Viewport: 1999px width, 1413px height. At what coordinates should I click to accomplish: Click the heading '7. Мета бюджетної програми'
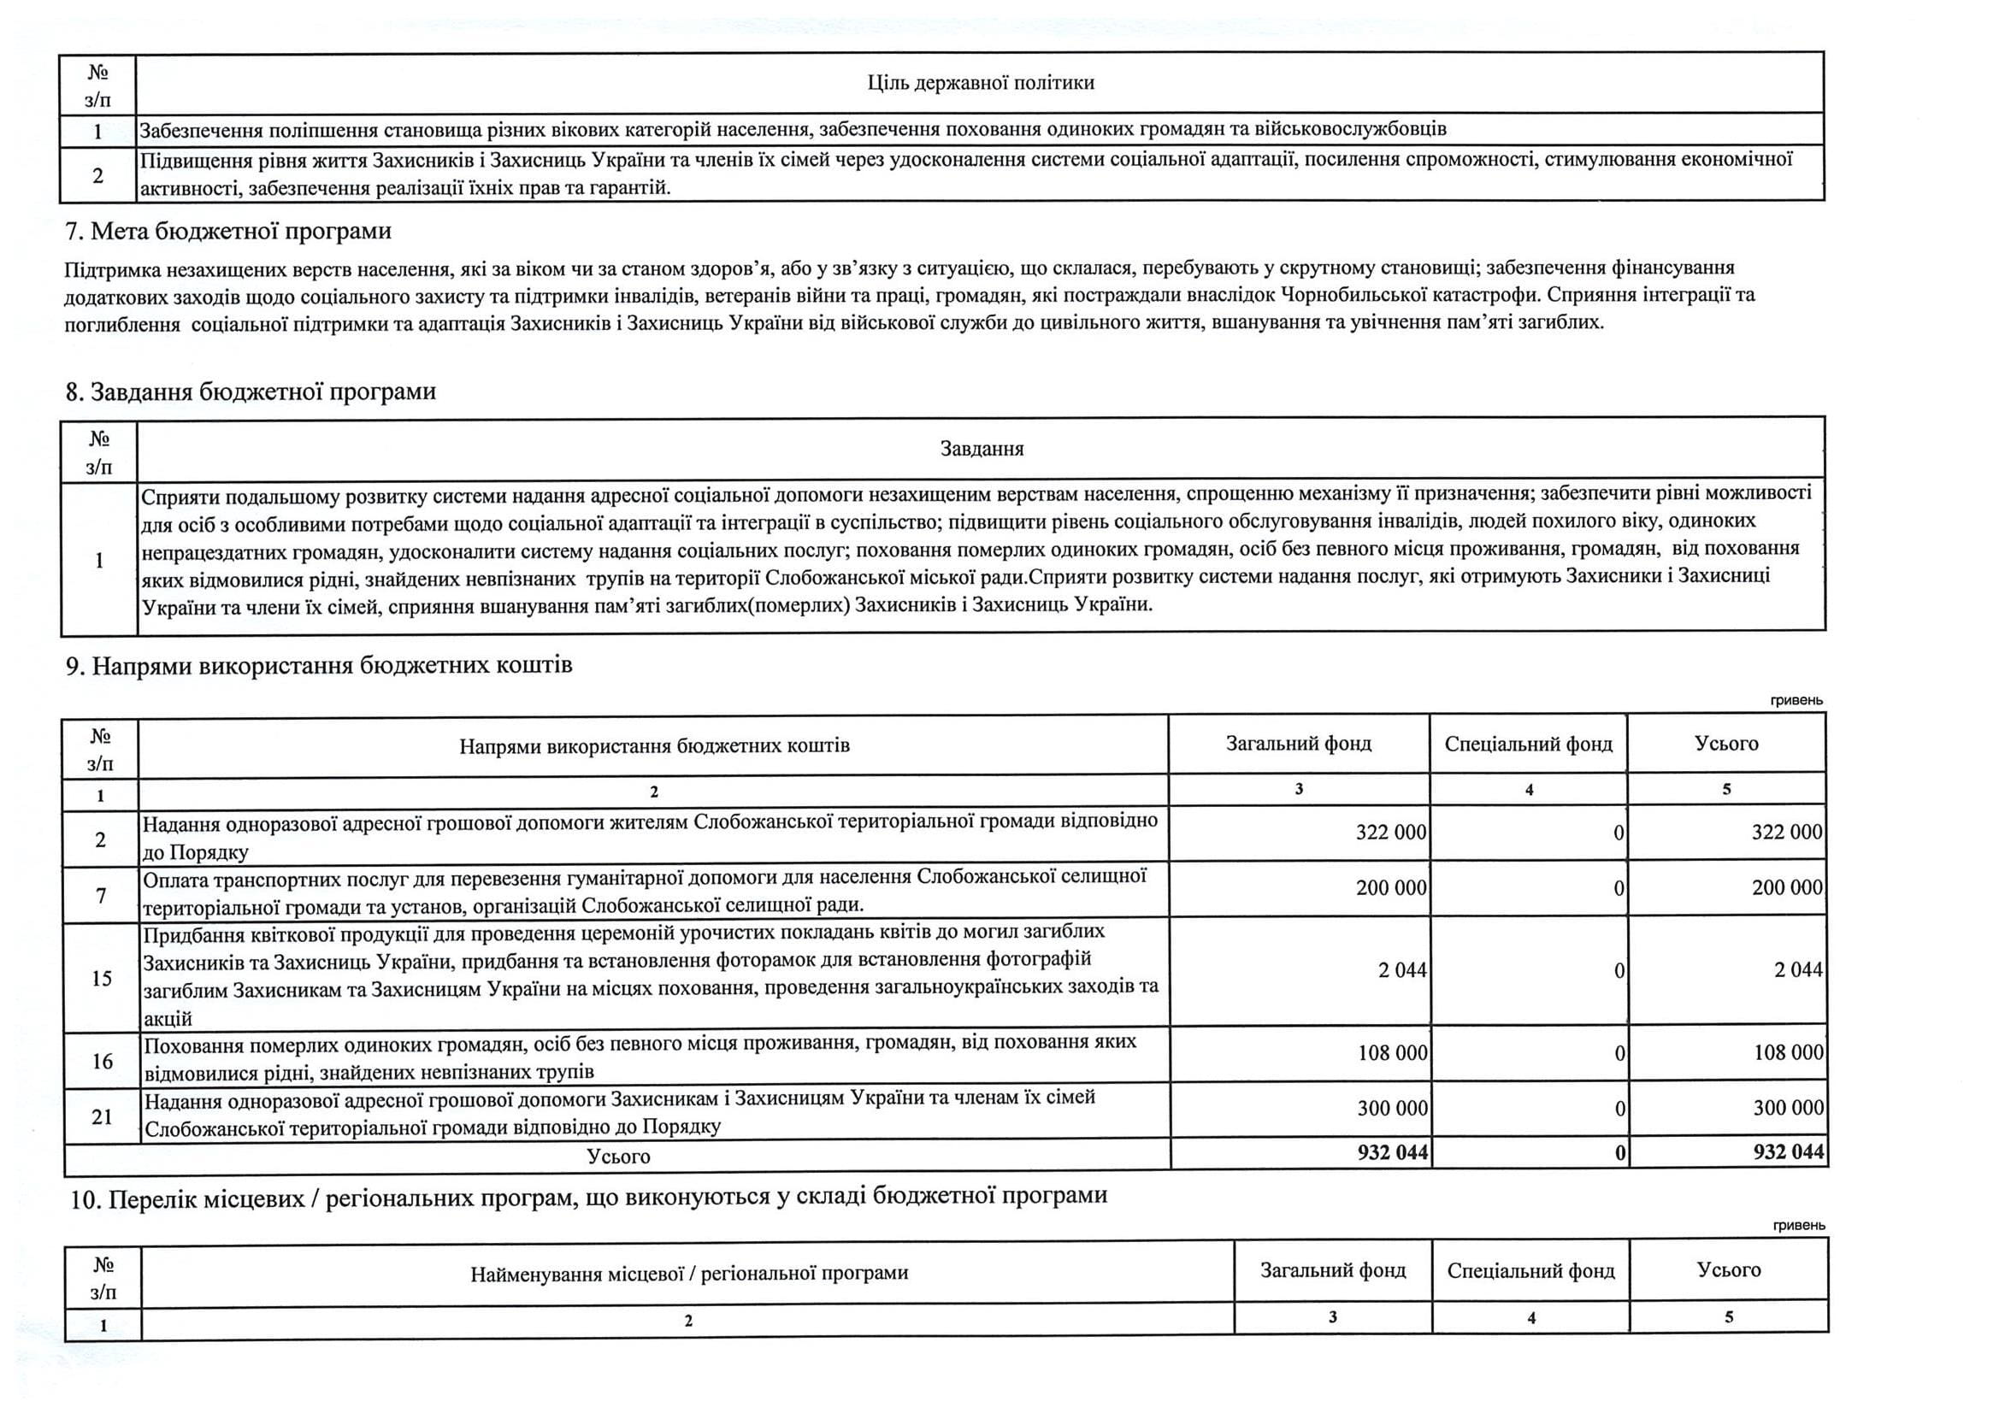pyautogui.click(x=228, y=232)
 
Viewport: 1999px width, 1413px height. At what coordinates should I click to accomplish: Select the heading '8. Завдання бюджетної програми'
pyautogui.click(x=251, y=392)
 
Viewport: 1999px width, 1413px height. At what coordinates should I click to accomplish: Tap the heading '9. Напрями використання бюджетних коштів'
pyautogui.click(x=319, y=666)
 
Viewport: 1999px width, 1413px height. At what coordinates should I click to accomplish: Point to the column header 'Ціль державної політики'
pyautogui.click(x=981, y=83)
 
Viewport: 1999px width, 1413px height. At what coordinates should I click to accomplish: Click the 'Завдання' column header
pyautogui.click(x=982, y=450)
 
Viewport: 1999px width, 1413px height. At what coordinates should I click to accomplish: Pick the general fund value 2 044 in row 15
pyautogui.click(x=1401, y=970)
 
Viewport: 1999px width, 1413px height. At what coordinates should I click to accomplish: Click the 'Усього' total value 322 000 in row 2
pyautogui.click(x=1787, y=833)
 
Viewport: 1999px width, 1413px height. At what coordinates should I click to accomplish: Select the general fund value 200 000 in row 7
pyautogui.click(x=1390, y=888)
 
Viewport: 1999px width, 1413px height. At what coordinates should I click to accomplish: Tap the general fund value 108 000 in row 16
pyautogui.click(x=1392, y=1052)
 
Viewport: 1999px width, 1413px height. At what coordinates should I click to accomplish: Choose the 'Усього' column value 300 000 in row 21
pyautogui.click(x=1788, y=1108)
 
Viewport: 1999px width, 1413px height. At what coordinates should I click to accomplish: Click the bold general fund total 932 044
pyautogui.click(x=1392, y=1152)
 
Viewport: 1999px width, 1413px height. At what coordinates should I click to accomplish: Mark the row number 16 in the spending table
pyautogui.click(x=103, y=1062)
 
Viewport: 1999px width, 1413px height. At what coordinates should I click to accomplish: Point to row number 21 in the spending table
pyautogui.click(x=103, y=1116)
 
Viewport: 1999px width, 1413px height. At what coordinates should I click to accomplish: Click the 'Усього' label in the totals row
pyautogui.click(x=618, y=1157)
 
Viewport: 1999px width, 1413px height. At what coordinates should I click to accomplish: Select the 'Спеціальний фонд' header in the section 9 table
pyautogui.click(x=1528, y=745)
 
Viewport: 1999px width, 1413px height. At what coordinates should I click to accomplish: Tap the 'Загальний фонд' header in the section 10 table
pyautogui.click(x=1333, y=1270)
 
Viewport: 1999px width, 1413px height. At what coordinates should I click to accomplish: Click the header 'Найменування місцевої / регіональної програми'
pyautogui.click(x=688, y=1274)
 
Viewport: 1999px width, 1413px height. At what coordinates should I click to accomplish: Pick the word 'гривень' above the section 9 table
pyautogui.click(x=1796, y=701)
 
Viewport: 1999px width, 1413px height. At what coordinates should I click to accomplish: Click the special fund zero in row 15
pyautogui.click(x=1619, y=971)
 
